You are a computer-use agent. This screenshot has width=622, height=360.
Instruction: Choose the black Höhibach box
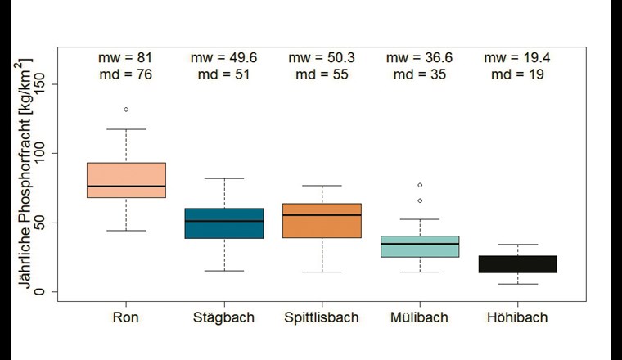tap(517, 264)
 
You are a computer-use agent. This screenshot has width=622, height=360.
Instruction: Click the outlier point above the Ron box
tap(126, 110)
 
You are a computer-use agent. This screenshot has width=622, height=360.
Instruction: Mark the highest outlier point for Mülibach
tap(420, 186)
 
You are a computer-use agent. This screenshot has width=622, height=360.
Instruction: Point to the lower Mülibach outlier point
tap(420, 200)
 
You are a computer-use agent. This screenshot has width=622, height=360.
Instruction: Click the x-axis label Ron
tap(126, 317)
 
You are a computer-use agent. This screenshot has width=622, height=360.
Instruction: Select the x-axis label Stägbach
tap(224, 317)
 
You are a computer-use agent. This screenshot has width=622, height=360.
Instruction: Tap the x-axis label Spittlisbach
tap(322, 317)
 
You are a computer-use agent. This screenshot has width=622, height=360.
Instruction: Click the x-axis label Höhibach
tap(517, 317)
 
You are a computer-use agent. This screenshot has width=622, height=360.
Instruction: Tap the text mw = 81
tap(126, 57)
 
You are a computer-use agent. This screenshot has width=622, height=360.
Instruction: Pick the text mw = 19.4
tap(517, 57)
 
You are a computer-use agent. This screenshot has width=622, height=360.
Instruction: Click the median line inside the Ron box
tap(126, 187)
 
